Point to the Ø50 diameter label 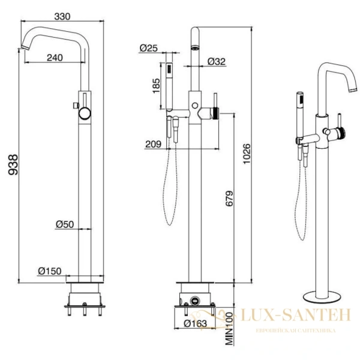(x=64, y=224)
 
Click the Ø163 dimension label (x=195, y=324)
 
